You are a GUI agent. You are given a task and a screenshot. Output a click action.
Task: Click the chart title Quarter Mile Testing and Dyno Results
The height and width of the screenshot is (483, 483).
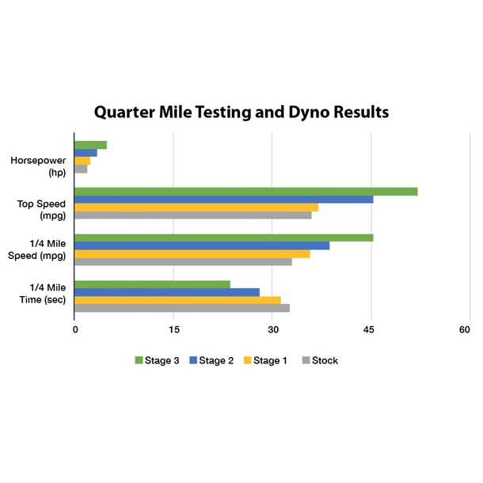click(x=241, y=112)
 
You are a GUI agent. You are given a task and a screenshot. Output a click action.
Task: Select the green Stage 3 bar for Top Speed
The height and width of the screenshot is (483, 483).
click(x=245, y=191)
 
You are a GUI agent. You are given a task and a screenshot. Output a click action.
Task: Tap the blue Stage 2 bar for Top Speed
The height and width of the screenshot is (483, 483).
click(x=223, y=199)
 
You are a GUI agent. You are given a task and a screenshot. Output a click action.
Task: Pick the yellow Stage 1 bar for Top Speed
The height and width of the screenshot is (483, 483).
click(x=196, y=207)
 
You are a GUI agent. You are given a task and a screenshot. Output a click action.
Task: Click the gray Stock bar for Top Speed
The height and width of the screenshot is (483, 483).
click(x=192, y=215)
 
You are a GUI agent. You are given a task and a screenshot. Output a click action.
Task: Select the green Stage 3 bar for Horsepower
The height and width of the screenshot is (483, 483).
click(x=90, y=145)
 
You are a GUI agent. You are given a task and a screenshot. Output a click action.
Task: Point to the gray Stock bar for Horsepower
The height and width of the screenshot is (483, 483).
click(x=81, y=169)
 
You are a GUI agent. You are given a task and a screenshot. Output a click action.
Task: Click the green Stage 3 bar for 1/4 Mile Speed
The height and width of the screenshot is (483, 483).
click(x=223, y=238)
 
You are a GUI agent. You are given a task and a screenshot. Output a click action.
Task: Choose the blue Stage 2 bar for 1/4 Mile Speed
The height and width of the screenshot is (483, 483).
click(x=202, y=245)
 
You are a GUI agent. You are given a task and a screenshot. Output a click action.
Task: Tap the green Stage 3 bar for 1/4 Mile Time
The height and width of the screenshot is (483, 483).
click(x=152, y=284)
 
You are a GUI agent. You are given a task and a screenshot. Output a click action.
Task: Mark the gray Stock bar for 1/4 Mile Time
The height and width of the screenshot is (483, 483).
click(x=182, y=308)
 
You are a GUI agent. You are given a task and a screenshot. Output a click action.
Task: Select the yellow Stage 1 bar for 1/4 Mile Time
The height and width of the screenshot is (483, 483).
click(x=177, y=300)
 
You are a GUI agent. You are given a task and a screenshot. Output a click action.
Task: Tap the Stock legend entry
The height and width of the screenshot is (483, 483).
click(x=320, y=360)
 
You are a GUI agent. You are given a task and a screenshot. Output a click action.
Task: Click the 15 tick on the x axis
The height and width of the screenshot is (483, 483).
click(x=173, y=330)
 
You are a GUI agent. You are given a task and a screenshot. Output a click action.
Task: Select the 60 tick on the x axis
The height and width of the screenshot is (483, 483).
click(x=469, y=330)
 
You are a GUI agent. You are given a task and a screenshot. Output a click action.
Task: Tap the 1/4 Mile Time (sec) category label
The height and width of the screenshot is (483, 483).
click(x=47, y=293)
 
